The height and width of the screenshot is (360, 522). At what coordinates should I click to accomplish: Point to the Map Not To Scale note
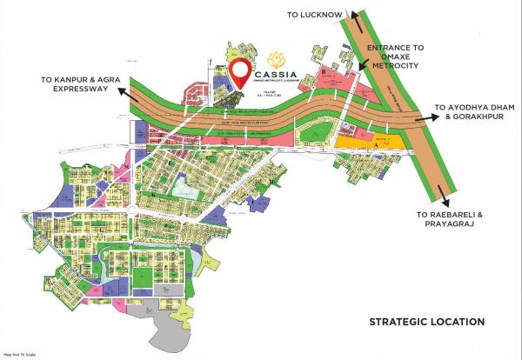point(20,355)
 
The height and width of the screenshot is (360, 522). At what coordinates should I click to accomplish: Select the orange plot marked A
point(365,142)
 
